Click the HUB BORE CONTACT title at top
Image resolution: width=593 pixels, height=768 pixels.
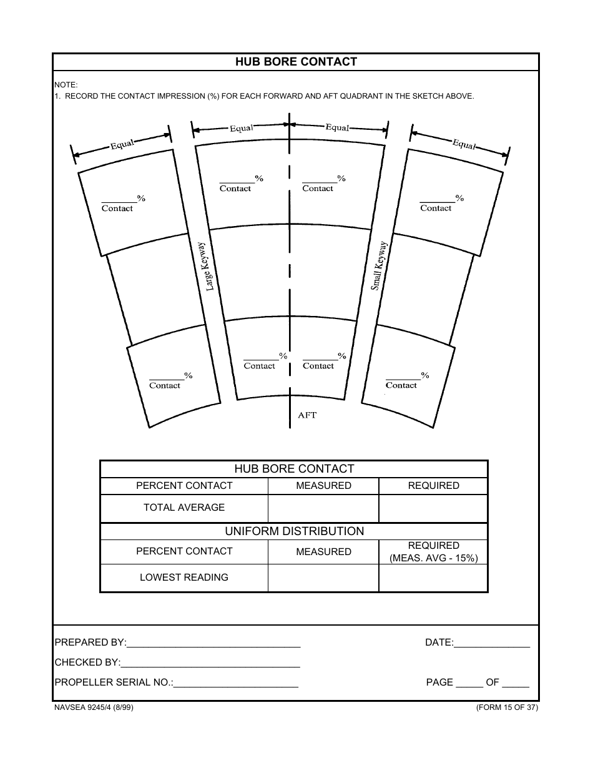click(x=296, y=62)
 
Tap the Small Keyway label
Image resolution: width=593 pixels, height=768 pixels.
click(x=380, y=265)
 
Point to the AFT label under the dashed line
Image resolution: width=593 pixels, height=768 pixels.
click(x=307, y=415)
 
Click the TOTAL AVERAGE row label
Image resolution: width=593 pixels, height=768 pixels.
click(x=184, y=508)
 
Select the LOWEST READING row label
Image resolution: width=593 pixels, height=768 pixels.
click(x=184, y=578)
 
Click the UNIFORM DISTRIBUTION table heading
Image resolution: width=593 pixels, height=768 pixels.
click(x=294, y=531)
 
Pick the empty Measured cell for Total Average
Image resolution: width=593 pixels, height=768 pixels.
click(x=323, y=508)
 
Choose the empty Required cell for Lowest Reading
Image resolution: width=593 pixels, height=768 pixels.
click(x=433, y=578)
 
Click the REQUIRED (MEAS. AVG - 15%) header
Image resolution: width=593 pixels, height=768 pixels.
click(x=433, y=552)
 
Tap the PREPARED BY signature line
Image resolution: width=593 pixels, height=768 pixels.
click(x=213, y=643)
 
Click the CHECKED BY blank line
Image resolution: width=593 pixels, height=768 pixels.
click(x=210, y=663)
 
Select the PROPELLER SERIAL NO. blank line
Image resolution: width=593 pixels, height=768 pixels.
click(x=236, y=683)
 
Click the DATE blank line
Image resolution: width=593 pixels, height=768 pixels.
click(x=492, y=643)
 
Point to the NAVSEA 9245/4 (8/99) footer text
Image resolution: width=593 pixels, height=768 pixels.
click(x=94, y=707)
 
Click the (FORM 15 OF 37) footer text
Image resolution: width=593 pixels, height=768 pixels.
click(x=506, y=707)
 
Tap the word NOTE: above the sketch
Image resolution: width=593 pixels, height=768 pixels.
click(x=66, y=84)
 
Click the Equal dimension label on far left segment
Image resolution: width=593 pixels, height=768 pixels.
click(x=122, y=144)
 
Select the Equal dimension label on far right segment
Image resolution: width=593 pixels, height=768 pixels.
click(x=464, y=144)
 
